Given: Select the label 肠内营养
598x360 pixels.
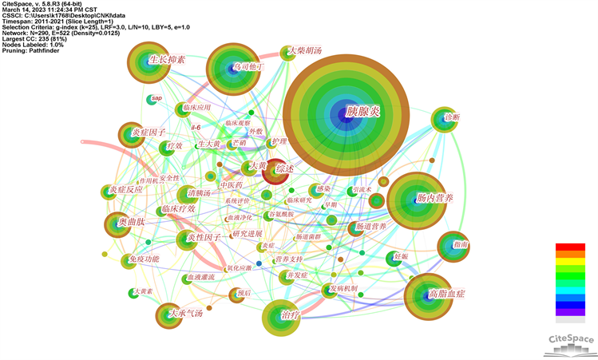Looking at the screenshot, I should tap(434, 196).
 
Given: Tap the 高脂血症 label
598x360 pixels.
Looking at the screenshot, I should tap(446, 294).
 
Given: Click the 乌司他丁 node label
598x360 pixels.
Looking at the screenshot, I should tap(248, 68).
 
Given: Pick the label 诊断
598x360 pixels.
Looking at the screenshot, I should tap(452, 117).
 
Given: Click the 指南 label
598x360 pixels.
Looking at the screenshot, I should tap(461, 244).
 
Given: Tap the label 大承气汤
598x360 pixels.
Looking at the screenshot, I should tap(185, 314).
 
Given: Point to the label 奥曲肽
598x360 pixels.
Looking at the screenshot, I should tap(132, 221).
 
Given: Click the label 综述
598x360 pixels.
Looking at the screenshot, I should tap(285, 169).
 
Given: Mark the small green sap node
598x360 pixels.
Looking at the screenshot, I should tap(149, 99).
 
